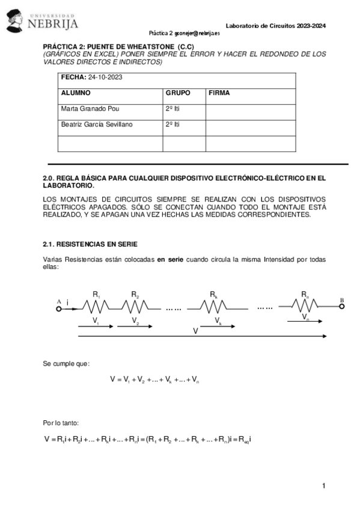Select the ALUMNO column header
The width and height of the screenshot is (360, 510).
point(76,93)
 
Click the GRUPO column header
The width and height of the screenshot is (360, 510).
point(177,93)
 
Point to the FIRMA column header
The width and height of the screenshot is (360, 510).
point(219,93)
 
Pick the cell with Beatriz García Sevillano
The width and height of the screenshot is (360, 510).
point(96,124)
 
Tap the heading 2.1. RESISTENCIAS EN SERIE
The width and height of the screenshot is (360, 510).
point(90,244)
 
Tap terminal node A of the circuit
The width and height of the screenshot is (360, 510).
point(59,307)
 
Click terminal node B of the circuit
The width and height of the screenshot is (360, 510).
point(341,306)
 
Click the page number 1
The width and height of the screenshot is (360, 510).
point(323,485)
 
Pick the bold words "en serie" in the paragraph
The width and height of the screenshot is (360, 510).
point(170,260)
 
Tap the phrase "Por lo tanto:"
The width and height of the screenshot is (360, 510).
point(61,423)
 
